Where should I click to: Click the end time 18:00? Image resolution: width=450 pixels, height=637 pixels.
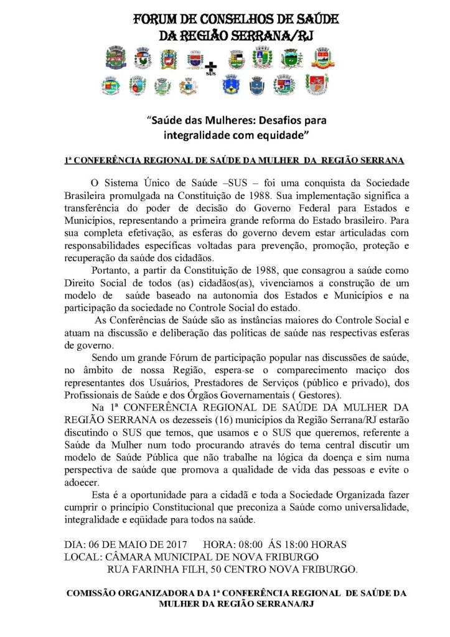[x=296, y=544]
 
